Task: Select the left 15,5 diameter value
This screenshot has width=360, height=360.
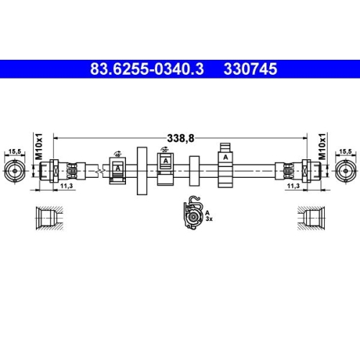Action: pyautogui.click(x=14, y=151)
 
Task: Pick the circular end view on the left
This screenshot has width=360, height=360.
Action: pyautogui.click(x=14, y=171)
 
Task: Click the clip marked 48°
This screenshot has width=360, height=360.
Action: pyautogui.click(x=118, y=169)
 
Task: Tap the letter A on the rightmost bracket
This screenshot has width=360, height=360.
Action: pyautogui.click(x=225, y=157)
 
